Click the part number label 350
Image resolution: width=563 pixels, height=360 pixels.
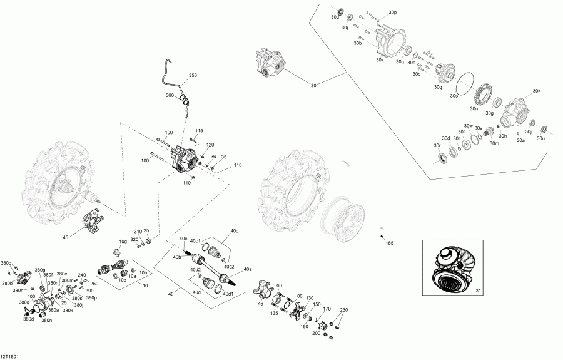pos(193,75)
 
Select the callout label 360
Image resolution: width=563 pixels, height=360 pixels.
pos(169,95)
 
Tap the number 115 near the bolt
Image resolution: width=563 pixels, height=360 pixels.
pos(199,130)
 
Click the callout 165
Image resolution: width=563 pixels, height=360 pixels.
pos(389,242)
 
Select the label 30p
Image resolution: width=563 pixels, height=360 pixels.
pos(392,13)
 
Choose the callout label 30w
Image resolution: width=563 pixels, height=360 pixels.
pos(467,126)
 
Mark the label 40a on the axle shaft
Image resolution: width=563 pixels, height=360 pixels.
pos(248,269)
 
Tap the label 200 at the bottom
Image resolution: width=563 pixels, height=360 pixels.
pos(316,333)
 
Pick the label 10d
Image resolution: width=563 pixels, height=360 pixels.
pos(124,242)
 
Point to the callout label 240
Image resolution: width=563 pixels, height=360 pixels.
pos(81,274)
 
